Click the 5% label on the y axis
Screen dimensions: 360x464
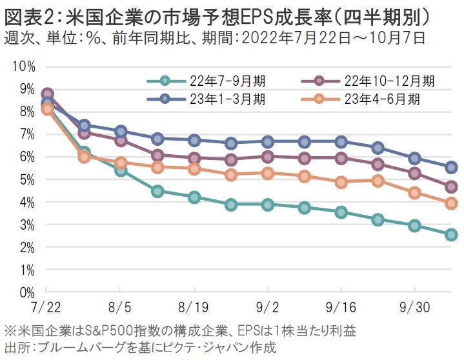click(x=26, y=180)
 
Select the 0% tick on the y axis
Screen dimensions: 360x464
click(x=26, y=293)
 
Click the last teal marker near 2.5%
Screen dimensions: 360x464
click(x=451, y=235)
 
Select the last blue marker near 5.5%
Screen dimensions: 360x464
click(x=451, y=167)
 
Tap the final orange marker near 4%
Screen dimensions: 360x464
click(x=451, y=203)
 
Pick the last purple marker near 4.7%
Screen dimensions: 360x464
click(x=451, y=187)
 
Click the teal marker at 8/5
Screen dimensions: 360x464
click(x=121, y=170)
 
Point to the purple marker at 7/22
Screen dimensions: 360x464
click(x=47, y=94)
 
